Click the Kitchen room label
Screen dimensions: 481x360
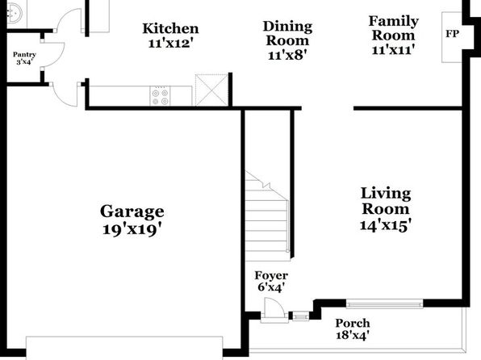[170, 28]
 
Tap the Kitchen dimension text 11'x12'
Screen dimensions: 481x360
[170, 44]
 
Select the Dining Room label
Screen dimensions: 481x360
[287, 33]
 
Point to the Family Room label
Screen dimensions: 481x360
[393, 28]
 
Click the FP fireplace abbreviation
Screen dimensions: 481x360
[453, 34]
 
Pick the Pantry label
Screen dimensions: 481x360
[24, 55]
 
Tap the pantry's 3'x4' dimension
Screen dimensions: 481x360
[24, 61]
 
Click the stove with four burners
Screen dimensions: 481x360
[160, 96]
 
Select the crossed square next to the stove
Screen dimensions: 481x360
[212, 90]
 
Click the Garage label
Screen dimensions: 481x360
[132, 211]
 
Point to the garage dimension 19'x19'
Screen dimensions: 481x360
[132, 229]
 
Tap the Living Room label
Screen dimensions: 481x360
[386, 201]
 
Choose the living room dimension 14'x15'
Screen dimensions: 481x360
[385, 225]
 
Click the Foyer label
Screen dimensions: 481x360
[271, 275]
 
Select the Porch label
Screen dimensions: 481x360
[353, 323]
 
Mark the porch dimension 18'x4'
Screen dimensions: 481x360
[353, 335]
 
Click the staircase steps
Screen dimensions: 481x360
[267, 221]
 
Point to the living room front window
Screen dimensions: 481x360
[385, 304]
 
